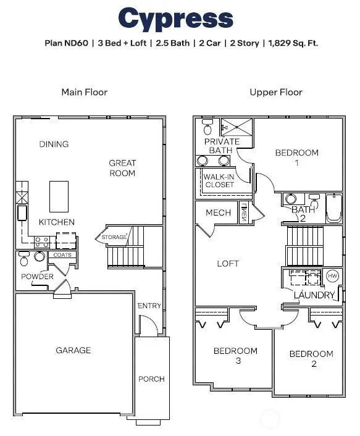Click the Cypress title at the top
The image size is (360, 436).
(x=176, y=19)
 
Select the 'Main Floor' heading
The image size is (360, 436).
(x=85, y=92)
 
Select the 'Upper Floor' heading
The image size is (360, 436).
(x=276, y=92)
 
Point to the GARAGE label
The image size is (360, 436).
(x=73, y=350)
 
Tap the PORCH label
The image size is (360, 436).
(x=151, y=379)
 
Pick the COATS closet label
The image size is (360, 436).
(x=62, y=254)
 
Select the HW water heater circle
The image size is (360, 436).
(x=332, y=275)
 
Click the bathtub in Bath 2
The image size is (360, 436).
(x=333, y=208)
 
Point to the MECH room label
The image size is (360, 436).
(x=219, y=213)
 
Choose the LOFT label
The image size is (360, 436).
(x=228, y=263)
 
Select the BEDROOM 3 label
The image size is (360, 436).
(x=235, y=356)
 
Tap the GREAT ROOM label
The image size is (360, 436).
(x=122, y=168)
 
